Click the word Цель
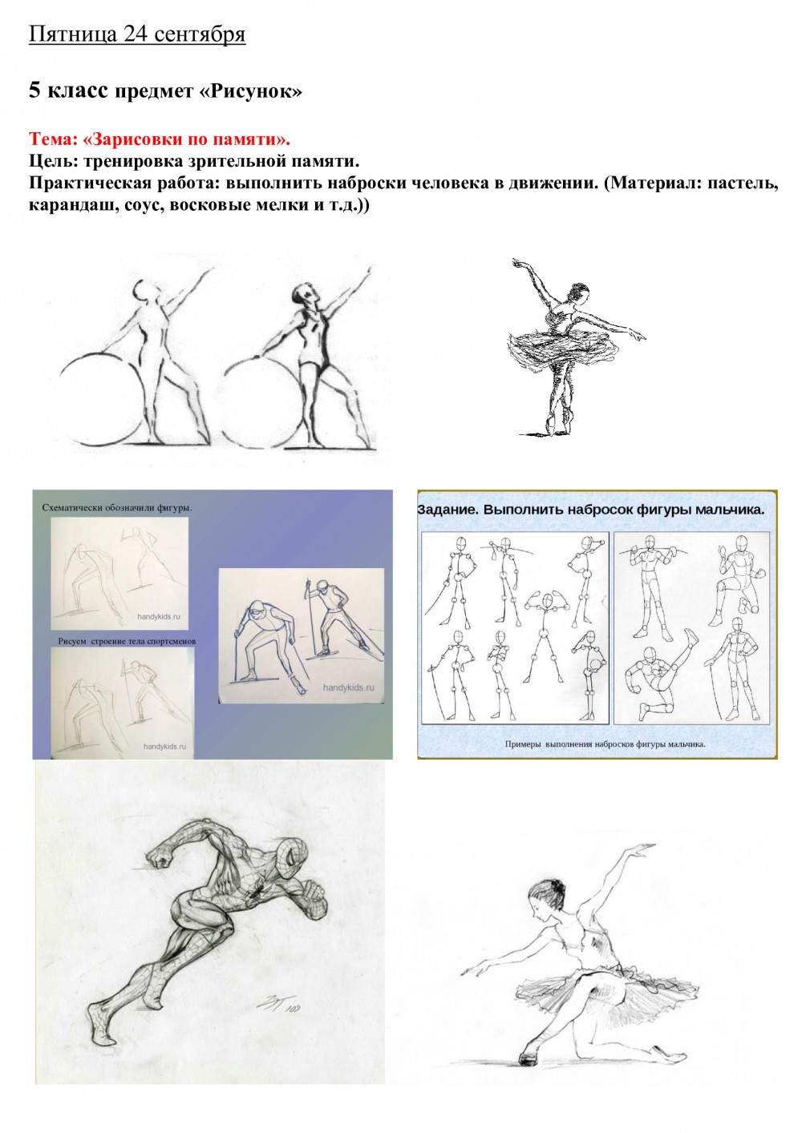pos(53,161)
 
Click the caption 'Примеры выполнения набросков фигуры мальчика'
pos(605,744)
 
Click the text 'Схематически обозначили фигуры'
pos(117,508)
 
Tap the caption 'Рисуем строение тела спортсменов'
pos(127,641)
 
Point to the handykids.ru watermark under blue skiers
pos(348,687)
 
